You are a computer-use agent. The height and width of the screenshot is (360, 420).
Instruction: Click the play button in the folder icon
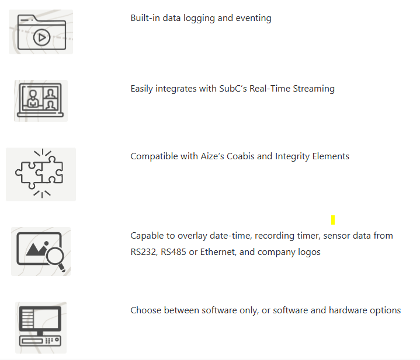tap(42, 37)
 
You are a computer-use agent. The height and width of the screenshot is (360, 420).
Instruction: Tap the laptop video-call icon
tap(40, 100)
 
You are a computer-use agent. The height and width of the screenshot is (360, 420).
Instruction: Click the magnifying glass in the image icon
tap(55, 258)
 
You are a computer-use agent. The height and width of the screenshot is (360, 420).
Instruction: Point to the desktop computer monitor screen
tap(40, 318)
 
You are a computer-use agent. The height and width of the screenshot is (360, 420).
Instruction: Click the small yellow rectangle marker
tap(333, 220)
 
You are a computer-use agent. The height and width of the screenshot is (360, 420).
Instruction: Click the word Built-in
tap(145, 18)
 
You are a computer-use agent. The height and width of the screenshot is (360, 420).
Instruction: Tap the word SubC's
tap(233, 89)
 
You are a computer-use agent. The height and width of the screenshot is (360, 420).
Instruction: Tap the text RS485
tap(173, 252)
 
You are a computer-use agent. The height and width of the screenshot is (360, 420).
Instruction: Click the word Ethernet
tap(218, 252)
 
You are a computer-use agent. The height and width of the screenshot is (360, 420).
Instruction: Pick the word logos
tap(309, 252)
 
